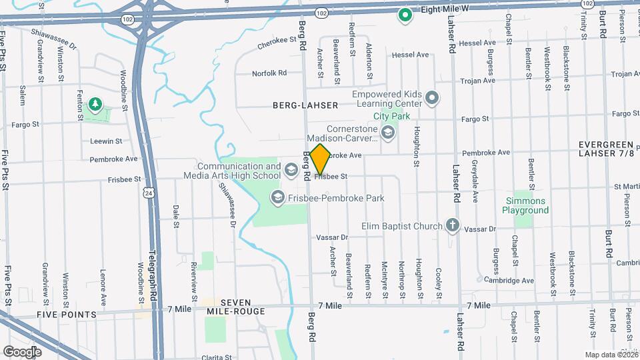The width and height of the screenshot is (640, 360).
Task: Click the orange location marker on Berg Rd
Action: (321, 159)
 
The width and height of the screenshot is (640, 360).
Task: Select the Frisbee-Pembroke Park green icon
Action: (277, 197)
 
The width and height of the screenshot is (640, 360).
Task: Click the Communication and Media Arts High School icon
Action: (291, 170)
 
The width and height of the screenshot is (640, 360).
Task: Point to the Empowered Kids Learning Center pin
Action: (432, 99)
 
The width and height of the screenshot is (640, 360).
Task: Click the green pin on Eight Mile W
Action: (404, 14)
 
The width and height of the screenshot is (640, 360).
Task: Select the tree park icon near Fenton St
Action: (95, 104)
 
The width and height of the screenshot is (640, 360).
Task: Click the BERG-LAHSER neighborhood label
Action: (305, 105)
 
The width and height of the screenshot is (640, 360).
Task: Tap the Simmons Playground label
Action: (525, 205)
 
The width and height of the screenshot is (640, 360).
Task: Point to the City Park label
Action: (391, 116)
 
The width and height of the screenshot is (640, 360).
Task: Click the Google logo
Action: (22, 351)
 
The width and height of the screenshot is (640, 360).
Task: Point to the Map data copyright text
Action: (611, 354)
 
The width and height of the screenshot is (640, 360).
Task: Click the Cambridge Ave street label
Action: (509, 281)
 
